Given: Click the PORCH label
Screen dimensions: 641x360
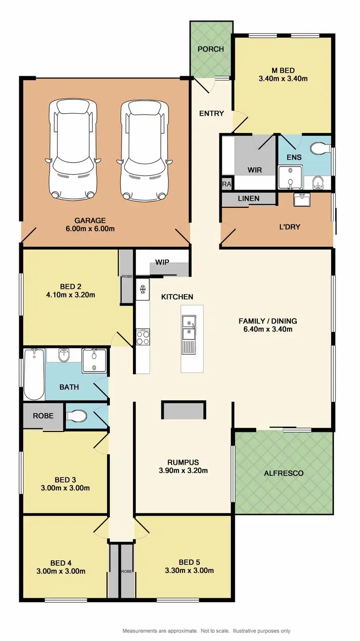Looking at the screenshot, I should pyautogui.click(x=211, y=49).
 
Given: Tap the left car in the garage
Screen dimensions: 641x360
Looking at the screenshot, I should pyautogui.click(x=72, y=149).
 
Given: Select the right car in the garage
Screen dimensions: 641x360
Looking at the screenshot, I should pyautogui.click(x=144, y=149).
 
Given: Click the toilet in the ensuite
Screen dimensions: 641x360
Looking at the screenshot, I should pyautogui.click(x=319, y=149).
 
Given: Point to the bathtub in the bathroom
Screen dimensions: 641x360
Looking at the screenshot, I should pyautogui.click(x=34, y=374).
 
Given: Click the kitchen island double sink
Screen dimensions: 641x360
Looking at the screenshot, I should pyautogui.click(x=189, y=334).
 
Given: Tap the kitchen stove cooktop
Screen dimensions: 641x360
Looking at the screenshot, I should pyautogui.click(x=143, y=337).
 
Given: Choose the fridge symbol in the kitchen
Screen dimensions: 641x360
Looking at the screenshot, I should pyautogui.click(x=143, y=289).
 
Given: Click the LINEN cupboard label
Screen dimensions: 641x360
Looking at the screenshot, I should pyautogui.click(x=249, y=198).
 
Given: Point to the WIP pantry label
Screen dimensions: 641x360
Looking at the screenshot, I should pyautogui.click(x=161, y=262).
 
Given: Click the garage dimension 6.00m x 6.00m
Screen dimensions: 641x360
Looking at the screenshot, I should pyautogui.click(x=91, y=228).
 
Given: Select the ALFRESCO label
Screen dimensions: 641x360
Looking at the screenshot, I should pyautogui.click(x=284, y=473).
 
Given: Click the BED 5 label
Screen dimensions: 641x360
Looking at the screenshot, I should pyautogui.click(x=189, y=562).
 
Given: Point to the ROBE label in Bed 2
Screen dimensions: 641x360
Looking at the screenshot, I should pyautogui.click(x=126, y=277).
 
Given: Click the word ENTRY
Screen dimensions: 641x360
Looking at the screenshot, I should pyautogui.click(x=212, y=113).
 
